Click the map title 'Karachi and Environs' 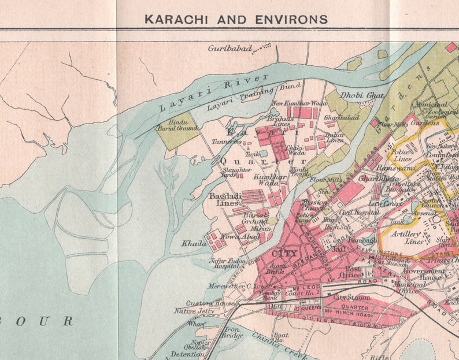(x=235, y=19)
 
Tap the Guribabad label (x=230, y=49)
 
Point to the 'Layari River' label (x=214, y=93)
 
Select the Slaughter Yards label (x=236, y=172)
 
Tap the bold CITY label (x=284, y=254)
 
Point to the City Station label (x=351, y=298)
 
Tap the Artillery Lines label (x=407, y=236)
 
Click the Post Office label (x=352, y=272)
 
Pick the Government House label (x=424, y=274)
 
